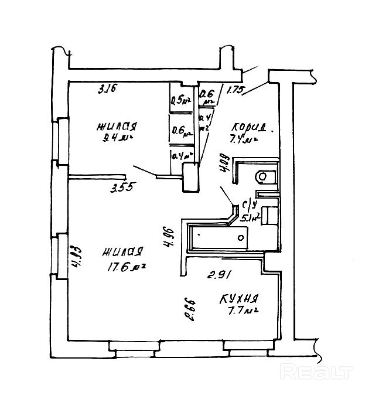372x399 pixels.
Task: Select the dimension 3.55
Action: point(122,188)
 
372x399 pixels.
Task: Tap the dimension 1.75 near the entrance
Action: point(236,90)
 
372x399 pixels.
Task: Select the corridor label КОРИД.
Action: point(250,127)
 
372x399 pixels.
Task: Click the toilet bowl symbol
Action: point(265,175)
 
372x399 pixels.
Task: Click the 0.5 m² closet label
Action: point(180,100)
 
